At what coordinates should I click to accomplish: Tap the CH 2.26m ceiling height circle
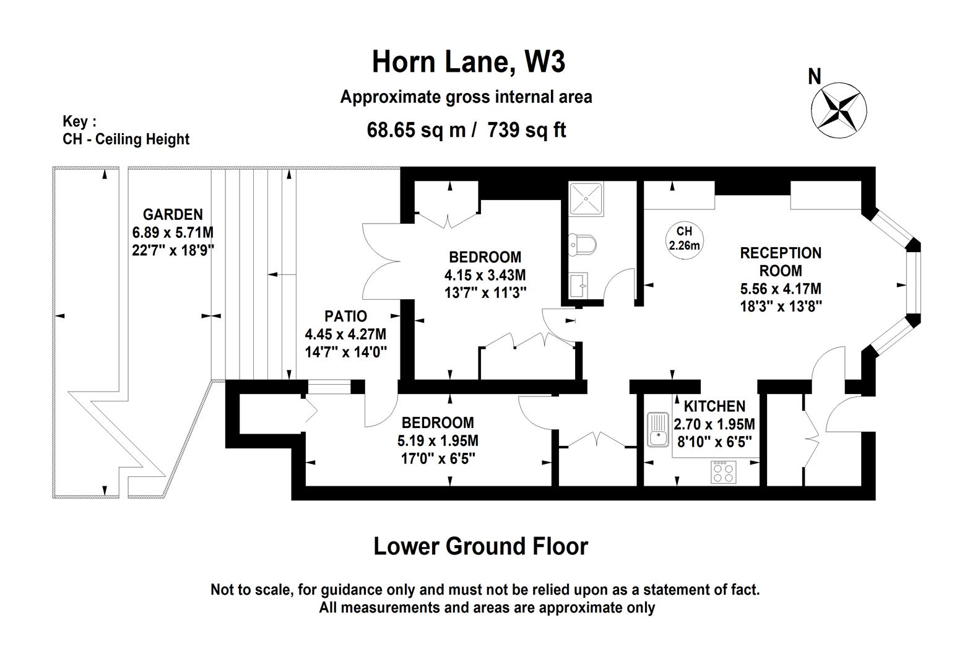tap(684, 238)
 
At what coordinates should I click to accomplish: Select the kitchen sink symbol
tap(657, 430)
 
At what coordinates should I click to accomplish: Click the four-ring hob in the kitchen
tap(723, 473)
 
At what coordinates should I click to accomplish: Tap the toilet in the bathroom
tap(582, 244)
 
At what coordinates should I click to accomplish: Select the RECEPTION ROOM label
tap(781, 261)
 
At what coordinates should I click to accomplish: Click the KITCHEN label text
tap(714, 406)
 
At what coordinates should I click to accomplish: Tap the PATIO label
tap(345, 316)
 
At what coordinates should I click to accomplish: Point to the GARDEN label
tap(173, 214)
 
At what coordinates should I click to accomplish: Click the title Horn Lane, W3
tap(468, 62)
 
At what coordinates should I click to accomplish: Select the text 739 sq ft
tap(527, 130)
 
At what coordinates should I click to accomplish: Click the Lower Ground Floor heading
tap(480, 546)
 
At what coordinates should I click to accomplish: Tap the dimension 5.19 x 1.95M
tap(438, 441)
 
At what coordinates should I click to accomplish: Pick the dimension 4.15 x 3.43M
tap(485, 274)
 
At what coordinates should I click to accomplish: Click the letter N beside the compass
tap(815, 77)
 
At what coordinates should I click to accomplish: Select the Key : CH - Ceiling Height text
tap(126, 131)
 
